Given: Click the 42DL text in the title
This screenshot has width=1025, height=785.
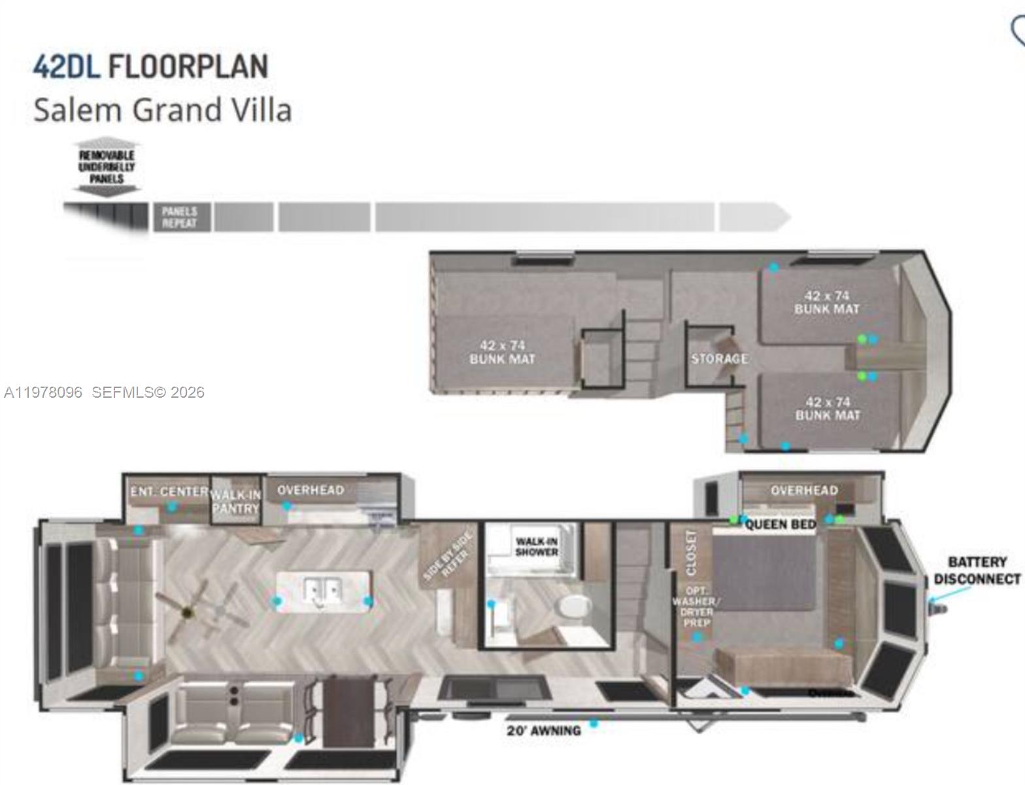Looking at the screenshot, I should click(66, 67).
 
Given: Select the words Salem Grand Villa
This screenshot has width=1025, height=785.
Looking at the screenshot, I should click(162, 110).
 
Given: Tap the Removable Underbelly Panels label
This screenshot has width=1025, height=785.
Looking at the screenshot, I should click(107, 167).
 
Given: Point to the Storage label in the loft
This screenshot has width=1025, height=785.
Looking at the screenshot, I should click(719, 358).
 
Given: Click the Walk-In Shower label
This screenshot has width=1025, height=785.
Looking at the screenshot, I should click(537, 546).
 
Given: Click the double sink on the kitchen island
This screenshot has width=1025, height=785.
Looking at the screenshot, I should click(324, 591).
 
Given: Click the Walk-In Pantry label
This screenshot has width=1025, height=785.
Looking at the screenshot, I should click(236, 502).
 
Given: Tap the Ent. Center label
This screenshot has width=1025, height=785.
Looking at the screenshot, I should click(169, 491).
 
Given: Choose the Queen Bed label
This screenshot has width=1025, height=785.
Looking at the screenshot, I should click(781, 525).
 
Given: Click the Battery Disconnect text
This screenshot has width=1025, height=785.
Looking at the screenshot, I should click(977, 570).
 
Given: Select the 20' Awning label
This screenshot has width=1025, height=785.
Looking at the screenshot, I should click(543, 731).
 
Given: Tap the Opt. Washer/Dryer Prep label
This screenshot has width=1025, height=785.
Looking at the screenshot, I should click(696, 606).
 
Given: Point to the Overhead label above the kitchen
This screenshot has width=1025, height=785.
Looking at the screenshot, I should click(310, 490).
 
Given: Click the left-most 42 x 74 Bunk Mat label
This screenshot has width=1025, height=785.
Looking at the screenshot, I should click(502, 352).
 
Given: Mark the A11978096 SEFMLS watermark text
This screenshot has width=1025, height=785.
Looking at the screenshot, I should click(104, 392).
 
